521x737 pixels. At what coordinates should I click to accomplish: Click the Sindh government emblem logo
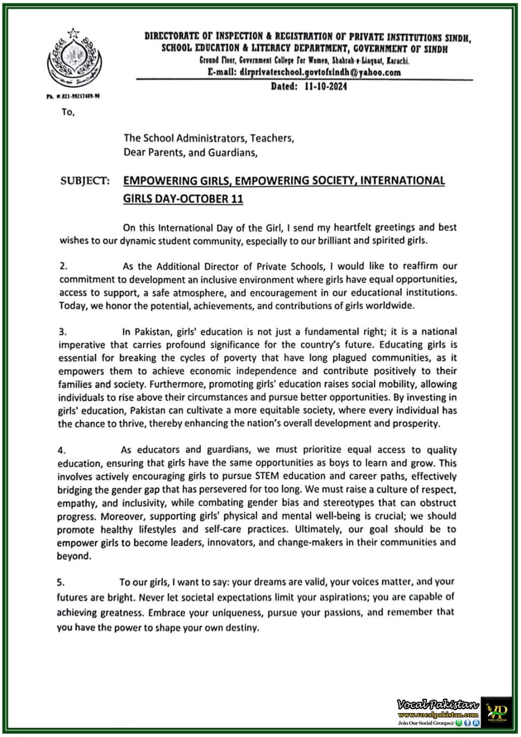(74, 59)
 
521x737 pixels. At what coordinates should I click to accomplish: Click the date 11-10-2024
(325, 86)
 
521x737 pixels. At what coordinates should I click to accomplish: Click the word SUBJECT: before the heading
(85, 181)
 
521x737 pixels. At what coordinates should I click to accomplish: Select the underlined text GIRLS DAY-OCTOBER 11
(183, 199)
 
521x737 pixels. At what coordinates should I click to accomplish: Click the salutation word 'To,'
(68, 112)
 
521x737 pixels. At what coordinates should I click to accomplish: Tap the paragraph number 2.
(63, 266)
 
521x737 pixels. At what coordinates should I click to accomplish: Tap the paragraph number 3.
(63, 332)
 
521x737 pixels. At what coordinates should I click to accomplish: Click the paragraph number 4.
(62, 450)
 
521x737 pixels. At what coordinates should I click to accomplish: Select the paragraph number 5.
(61, 582)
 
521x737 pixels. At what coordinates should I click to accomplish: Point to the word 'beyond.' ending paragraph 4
(74, 556)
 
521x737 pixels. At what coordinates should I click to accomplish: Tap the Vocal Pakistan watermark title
(438, 704)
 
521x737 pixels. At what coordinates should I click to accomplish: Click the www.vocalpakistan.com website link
(438, 714)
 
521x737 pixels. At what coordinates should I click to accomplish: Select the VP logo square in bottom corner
(497, 712)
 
